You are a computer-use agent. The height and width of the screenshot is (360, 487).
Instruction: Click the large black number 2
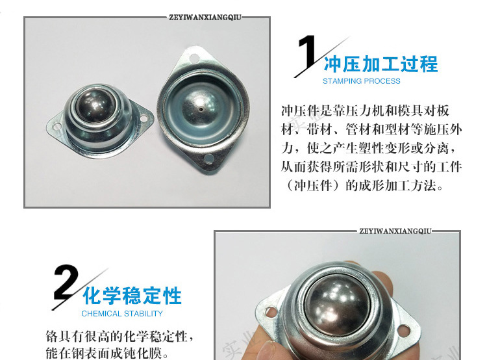point(66,282)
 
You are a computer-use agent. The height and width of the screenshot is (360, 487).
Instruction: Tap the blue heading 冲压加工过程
point(381,64)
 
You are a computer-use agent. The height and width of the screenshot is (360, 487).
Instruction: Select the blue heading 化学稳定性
point(132,296)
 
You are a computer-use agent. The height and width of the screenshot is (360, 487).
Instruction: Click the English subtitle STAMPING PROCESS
point(362,81)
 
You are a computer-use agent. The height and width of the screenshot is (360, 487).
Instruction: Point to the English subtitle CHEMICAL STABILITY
point(122,313)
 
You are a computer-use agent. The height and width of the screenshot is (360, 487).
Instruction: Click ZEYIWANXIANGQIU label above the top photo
point(205,18)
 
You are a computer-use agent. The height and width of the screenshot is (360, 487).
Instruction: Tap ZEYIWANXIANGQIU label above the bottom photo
point(395,231)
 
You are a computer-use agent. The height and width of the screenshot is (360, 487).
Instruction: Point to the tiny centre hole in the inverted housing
point(201,109)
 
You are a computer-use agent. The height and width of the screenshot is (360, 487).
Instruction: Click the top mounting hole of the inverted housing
point(194,58)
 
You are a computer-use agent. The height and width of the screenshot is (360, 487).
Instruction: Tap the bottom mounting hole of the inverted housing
point(208,159)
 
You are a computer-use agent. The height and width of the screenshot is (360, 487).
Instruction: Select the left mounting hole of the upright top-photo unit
point(57,127)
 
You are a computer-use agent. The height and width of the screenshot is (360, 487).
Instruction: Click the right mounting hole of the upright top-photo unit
point(144,118)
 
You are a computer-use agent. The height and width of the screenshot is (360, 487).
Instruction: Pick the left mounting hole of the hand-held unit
point(271,311)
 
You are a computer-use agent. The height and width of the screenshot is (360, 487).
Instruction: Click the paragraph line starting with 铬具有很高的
point(120,337)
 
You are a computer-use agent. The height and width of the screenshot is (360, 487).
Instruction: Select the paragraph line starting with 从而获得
point(371,167)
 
